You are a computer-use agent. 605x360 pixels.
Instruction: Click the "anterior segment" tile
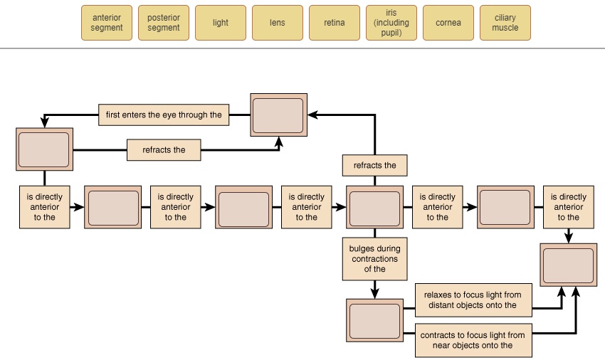(107, 23)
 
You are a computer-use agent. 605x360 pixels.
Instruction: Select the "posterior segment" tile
(164, 23)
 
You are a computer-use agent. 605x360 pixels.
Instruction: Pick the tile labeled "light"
(221, 23)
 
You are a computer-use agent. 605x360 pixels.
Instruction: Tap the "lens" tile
(278, 23)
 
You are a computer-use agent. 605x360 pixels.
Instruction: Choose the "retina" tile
(335, 23)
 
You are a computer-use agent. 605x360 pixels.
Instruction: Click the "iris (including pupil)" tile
(391, 23)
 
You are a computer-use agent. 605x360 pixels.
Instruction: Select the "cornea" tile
(448, 23)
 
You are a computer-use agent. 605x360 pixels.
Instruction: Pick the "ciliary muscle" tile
(505, 23)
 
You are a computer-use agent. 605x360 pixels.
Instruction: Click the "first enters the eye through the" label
(164, 115)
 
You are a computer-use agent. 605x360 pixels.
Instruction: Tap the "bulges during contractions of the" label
(375, 259)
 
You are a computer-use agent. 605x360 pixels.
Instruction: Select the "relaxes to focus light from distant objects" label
(473, 300)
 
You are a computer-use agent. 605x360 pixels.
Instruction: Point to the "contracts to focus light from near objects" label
(473, 340)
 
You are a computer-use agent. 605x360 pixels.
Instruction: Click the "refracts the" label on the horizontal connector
(164, 150)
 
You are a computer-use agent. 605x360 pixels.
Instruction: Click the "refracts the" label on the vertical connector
(375, 166)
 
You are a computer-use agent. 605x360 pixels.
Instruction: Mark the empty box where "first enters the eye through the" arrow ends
(44, 149)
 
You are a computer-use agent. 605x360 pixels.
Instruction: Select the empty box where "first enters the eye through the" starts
(278, 115)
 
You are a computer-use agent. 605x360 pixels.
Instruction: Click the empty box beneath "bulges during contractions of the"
(375, 320)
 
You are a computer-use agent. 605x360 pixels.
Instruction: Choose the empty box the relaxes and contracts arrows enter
(568, 265)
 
